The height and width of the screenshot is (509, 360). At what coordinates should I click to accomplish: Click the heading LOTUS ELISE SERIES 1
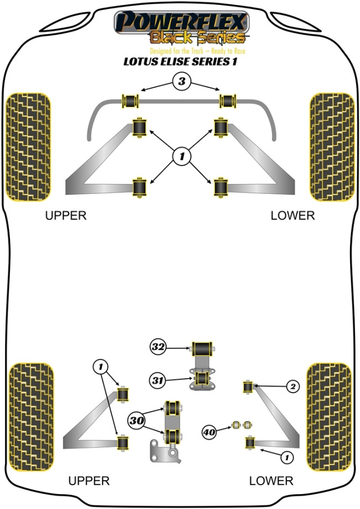181,62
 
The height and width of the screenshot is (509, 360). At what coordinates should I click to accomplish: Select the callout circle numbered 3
181,83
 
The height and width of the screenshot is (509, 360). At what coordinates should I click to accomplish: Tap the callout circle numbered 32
158,347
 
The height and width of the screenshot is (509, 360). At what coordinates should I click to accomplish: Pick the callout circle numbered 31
158,380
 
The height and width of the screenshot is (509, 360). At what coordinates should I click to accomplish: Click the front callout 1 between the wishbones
181,157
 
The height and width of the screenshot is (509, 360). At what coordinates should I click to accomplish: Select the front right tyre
332,147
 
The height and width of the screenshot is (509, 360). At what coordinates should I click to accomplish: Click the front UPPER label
66,216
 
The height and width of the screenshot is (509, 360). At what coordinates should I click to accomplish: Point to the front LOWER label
292,216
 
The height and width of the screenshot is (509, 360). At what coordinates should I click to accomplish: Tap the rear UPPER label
89,481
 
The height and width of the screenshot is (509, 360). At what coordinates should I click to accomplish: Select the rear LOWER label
271,481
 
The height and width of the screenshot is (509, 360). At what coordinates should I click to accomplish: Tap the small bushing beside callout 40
241,425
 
